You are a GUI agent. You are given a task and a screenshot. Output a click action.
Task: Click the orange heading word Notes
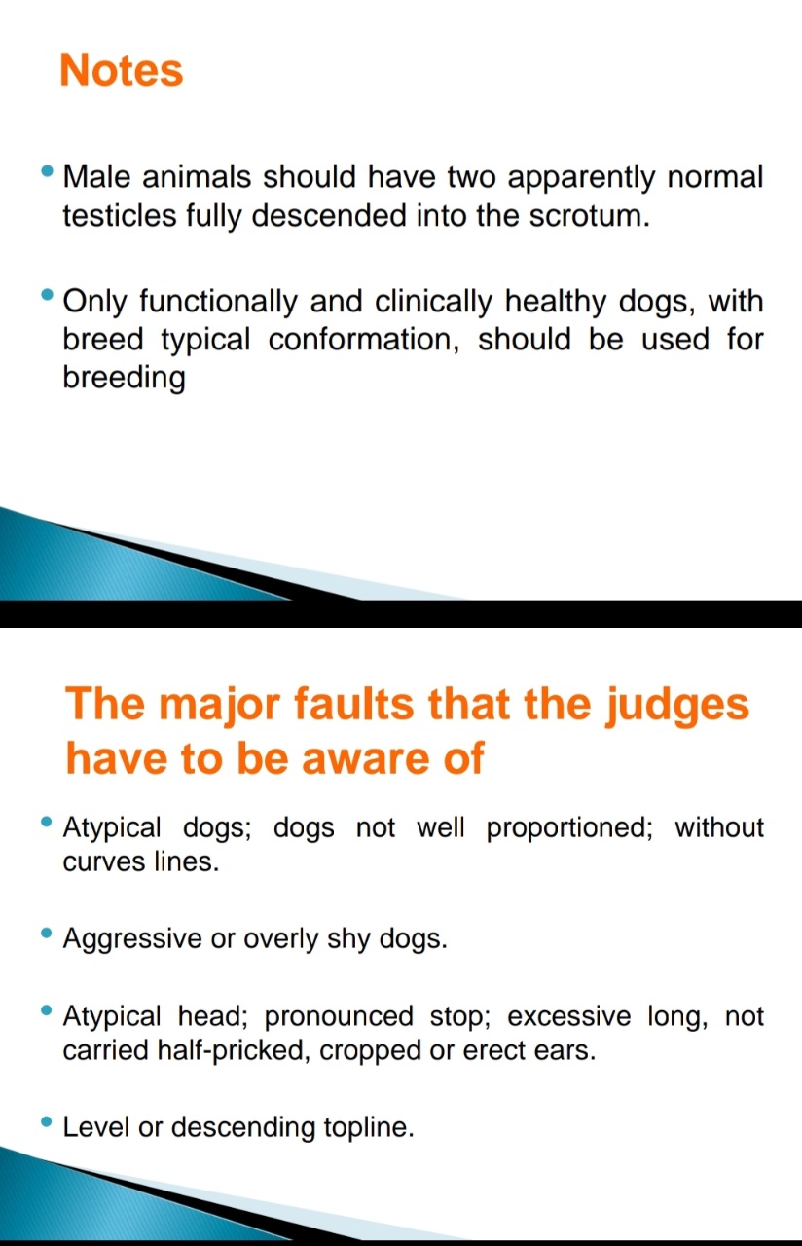(x=122, y=70)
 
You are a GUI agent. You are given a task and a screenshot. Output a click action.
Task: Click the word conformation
(x=364, y=340)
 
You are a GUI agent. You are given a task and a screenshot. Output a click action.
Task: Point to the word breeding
(x=124, y=379)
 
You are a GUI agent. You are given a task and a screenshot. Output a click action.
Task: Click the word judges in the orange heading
(x=676, y=706)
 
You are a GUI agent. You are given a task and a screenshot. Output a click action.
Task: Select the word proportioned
(x=569, y=828)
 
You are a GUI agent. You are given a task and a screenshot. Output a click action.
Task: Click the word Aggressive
(x=132, y=939)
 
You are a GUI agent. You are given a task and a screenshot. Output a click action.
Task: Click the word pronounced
(x=339, y=1017)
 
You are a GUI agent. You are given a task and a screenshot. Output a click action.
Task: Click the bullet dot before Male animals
(x=48, y=170)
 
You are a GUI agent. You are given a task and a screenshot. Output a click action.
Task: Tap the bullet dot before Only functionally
(x=48, y=294)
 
